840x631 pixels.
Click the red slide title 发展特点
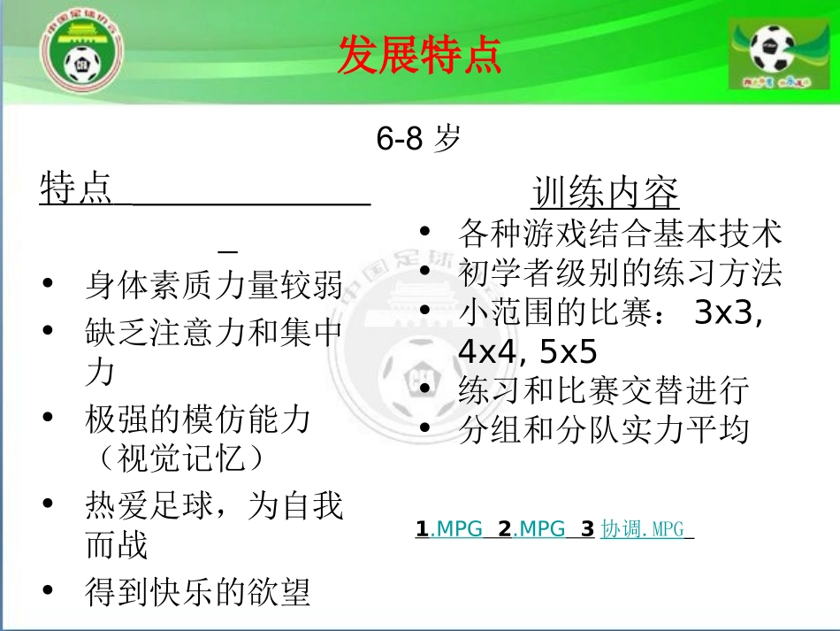420,56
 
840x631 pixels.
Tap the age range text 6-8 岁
419,139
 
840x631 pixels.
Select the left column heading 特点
76,189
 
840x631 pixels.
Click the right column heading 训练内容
606,192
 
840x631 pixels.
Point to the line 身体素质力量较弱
214,284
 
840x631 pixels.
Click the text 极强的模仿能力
198,418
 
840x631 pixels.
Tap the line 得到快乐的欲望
198,591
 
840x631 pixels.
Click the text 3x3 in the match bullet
729,313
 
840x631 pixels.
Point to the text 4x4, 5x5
528,352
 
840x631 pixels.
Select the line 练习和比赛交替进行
604,390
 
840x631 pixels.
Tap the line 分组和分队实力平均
604,430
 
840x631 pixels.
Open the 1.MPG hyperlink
449,529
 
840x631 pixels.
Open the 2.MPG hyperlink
531,529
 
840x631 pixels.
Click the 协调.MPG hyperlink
643,529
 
